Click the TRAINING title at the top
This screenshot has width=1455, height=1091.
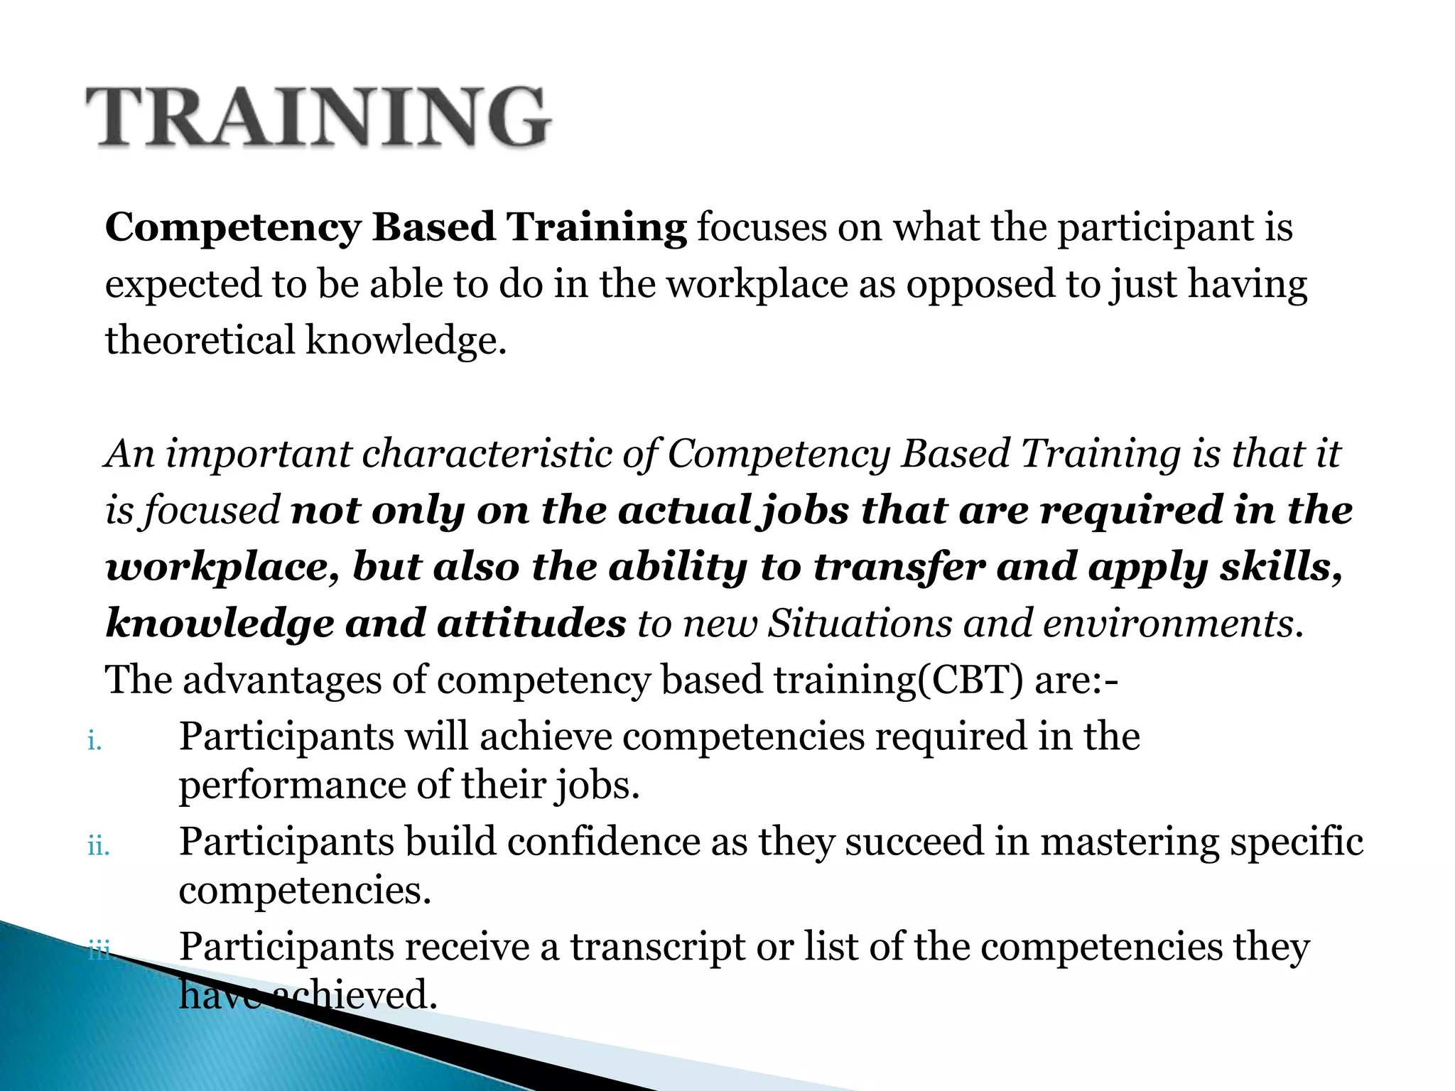pyautogui.click(x=318, y=117)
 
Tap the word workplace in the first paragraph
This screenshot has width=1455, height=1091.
pyautogui.click(x=757, y=284)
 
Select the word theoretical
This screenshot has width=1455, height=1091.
pyautogui.click(x=200, y=340)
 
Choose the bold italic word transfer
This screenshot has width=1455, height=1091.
pyautogui.click(x=899, y=567)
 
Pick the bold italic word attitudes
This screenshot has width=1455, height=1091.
pyautogui.click(x=531, y=623)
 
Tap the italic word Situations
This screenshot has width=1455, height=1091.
pyautogui.click(x=860, y=623)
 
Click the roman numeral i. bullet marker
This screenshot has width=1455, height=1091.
pyautogui.click(x=95, y=742)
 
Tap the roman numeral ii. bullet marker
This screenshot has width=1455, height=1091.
pyautogui.click(x=99, y=847)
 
